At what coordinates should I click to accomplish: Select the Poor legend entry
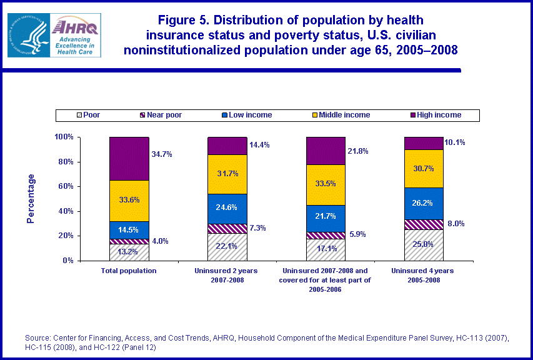(x=87, y=115)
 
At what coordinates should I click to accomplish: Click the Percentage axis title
(x=31, y=198)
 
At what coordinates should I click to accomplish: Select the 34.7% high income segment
(x=129, y=159)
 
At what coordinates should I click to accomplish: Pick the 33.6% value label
(x=129, y=201)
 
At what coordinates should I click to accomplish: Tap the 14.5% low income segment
(x=129, y=230)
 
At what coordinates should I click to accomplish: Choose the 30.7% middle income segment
(x=424, y=169)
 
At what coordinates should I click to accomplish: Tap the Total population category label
(x=129, y=271)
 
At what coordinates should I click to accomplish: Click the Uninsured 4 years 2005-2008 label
(x=424, y=275)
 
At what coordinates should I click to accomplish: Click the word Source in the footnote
(x=37, y=338)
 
